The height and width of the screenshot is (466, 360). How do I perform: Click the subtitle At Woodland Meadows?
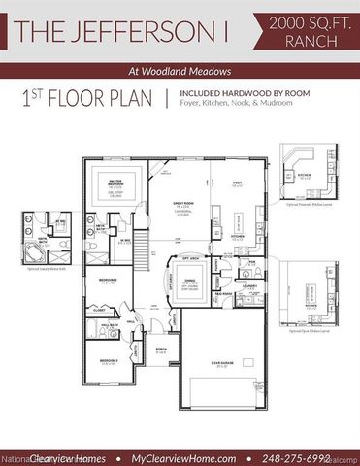180,70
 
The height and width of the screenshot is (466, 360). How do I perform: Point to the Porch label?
161,350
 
